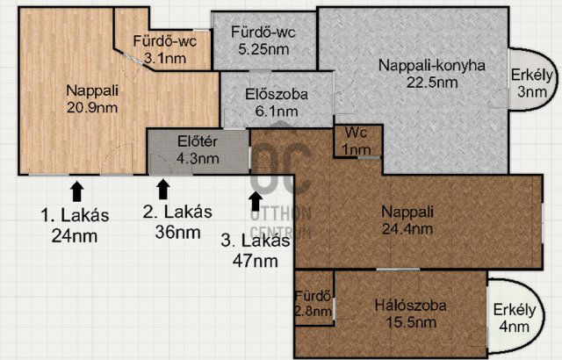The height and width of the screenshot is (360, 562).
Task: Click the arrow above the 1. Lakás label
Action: click(77, 191)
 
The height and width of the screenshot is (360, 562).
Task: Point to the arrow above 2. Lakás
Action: click(163, 189)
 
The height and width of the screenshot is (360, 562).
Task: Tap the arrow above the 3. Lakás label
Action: click(256, 201)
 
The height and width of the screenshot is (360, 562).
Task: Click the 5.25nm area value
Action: click(263, 49)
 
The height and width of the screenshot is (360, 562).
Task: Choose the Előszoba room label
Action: click(277, 95)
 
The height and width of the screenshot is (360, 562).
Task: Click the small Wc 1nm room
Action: click(357, 140)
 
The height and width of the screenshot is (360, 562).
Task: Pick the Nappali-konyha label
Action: click(432, 66)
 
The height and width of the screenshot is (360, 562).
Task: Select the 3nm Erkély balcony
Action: click(532, 83)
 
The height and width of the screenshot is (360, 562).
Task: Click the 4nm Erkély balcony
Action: click(515, 318)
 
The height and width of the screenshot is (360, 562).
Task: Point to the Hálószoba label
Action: click(411, 306)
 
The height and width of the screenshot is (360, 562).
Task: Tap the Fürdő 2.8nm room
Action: click(313, 304)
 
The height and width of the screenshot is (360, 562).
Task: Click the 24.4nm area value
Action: click(407, 229)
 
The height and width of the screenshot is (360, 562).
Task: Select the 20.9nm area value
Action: click(92, 108)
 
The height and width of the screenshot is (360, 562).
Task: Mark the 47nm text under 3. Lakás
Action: click(256, 261)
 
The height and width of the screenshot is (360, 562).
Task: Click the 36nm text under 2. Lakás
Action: click(177, 233)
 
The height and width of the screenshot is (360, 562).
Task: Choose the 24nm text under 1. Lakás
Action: click(75, 236)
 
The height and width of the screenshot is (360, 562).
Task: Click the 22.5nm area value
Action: click(432, 83)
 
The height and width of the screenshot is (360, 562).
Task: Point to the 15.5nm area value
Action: click(411, 323)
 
